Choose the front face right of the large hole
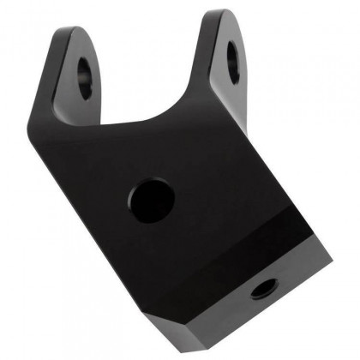pyautogui.click(x=223, y=180)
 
